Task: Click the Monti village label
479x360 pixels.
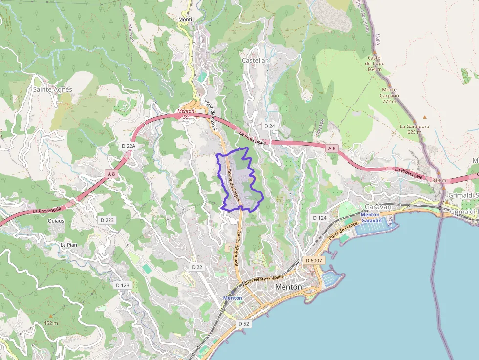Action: pos(185,19)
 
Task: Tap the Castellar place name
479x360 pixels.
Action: pos(255,60)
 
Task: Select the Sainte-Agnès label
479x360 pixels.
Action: pos(53,89)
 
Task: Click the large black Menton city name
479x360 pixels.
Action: pos(288,287)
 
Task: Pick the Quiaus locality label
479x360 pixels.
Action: pos(56,221)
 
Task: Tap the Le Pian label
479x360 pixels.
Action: pos(69,245)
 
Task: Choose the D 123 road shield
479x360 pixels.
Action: pos(123,285)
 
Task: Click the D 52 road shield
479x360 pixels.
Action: pos(244,324)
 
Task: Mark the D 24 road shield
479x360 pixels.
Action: pos(270,126)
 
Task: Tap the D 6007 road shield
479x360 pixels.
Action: pos(314,260)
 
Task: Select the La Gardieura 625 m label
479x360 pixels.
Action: pos(414,129)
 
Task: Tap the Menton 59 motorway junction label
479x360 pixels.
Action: pos(186,114)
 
